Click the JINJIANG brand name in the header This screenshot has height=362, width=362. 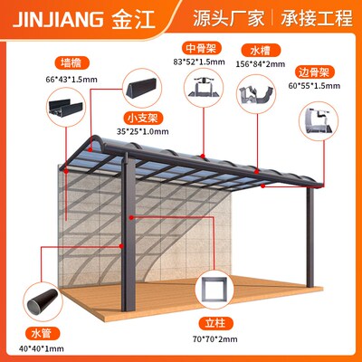click(57, 19)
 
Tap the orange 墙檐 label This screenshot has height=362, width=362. click(71, 63)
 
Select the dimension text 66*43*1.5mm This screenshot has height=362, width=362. click(71, 80)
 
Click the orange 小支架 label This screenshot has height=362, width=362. click(142, 118)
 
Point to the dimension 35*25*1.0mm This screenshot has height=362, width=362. click(142, 131)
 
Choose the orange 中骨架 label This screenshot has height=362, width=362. click(201, 48)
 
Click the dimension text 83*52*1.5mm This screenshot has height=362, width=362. click(199, 62)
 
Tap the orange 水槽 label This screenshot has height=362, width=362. click(261, 51)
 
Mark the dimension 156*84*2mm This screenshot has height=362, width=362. click(261, 64)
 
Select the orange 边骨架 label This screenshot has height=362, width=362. click(314, 72)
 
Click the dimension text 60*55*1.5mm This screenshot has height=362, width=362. click(314, 86)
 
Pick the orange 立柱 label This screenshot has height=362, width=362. click(215, 323)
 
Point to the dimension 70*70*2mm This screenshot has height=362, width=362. click(215, 339)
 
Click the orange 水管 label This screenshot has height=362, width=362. click(42, 334)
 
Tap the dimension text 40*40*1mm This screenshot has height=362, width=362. click(42, 348)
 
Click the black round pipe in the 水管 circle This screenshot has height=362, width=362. click(43, 300)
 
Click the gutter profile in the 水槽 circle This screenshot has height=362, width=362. click(257, 95)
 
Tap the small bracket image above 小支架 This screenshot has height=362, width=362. click(141, 88)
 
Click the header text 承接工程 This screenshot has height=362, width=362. click(317, 18)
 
